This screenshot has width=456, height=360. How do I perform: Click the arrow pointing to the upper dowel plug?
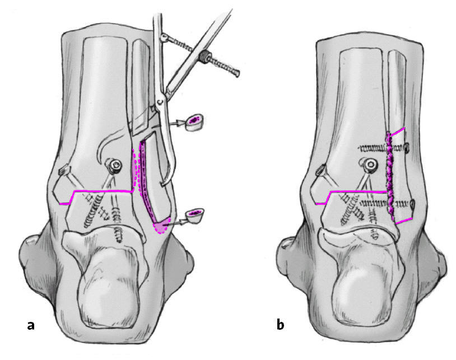pyautogui.click(x=178, y=121)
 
